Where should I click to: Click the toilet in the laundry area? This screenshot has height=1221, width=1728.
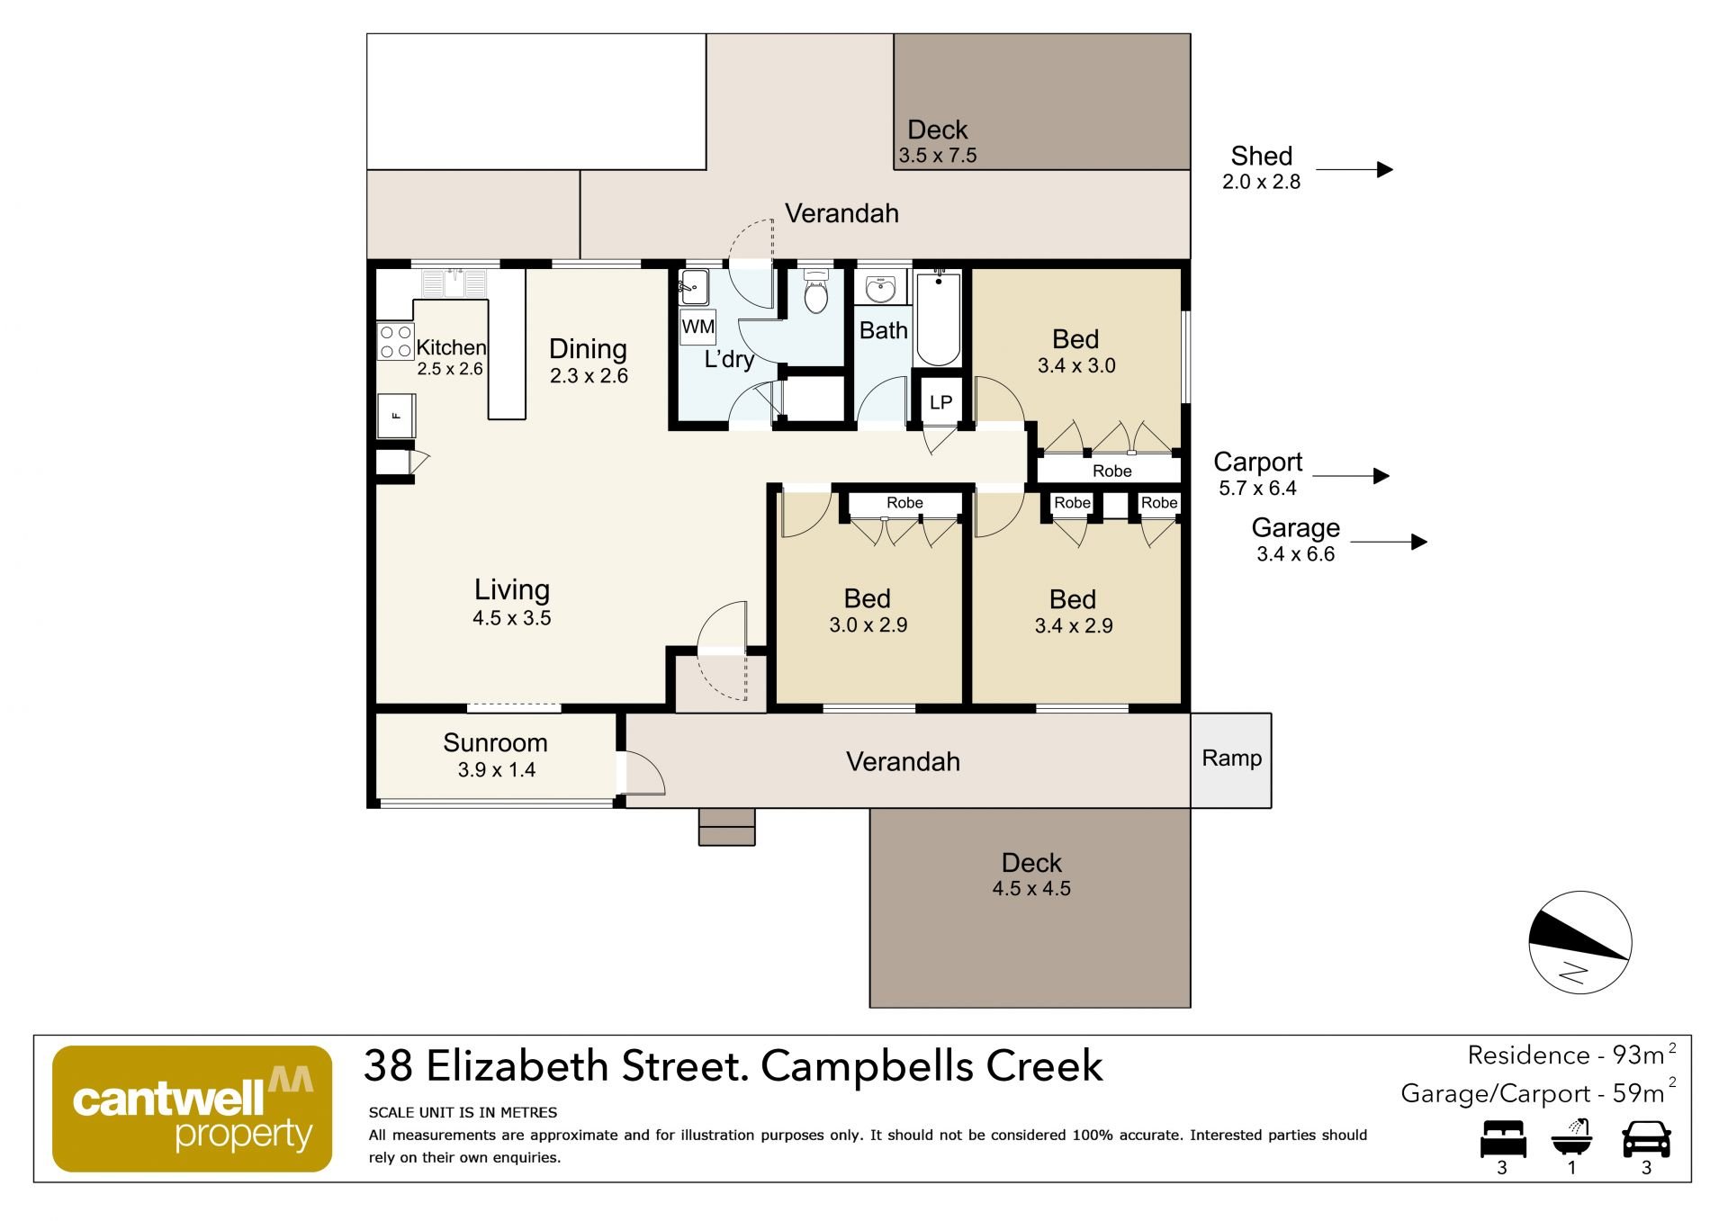(x=816, y=292)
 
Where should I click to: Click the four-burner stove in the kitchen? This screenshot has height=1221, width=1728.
(x=395, y=342)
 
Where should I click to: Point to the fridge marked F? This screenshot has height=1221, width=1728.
(x=396, y=415)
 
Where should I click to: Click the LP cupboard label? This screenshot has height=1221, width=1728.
(x=940, y=402)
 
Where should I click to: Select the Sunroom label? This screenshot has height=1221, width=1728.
(x=495, y=743)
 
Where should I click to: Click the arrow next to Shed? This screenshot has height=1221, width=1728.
(x=1354, y=169)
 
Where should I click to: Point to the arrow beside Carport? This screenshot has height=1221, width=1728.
(x=1350, y=476)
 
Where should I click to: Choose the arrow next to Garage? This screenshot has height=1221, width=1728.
(x=1389, y=542)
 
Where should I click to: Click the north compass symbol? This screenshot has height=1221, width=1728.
(x=1580, y=942)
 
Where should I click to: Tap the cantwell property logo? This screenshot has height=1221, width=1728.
(x=193, y=1109)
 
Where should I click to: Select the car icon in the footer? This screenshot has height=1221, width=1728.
(x=1646, y=1139)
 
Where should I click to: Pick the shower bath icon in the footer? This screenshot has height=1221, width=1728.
(x=1572, y=1137)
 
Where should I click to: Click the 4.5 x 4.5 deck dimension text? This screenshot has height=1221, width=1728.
(x=1031, y=889)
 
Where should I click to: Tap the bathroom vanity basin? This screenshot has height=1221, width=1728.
(x=880, y=288)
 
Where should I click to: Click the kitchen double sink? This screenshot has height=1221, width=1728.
(x=454, y=283)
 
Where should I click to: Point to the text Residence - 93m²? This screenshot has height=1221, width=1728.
(x=1571, y=1055)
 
